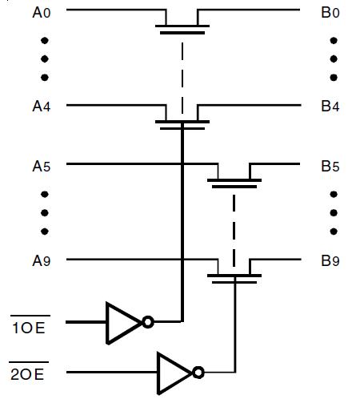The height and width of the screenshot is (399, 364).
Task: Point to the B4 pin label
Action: pos(330,106)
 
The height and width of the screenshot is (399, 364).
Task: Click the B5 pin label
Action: pos(330,166)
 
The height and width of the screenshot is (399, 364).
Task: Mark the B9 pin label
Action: pos(330,260)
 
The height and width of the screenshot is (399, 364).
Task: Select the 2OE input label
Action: pos(29,373)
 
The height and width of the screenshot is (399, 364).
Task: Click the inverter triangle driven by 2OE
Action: pos(173,373)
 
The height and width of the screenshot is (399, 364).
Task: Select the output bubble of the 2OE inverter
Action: pos(198,373)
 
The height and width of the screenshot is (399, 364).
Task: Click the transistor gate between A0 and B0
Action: pos(182,29)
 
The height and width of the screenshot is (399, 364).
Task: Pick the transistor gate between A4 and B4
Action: pos(182,123)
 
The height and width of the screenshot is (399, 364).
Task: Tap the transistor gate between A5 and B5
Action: pos(234,183)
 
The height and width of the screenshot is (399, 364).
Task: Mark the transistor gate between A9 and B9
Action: pos(234,277)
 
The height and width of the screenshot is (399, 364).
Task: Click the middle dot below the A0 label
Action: pos(43,58)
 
